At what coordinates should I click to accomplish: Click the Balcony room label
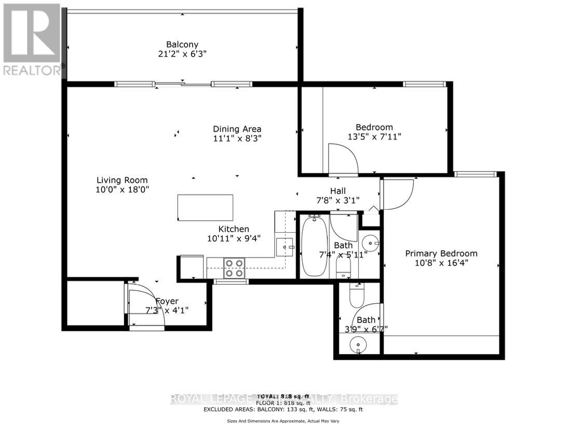pos(182,45)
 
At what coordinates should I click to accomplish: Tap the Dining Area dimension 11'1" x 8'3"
pos(237,139)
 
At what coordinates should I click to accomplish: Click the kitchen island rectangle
pos(205,207)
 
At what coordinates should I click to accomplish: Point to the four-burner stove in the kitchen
pos(234,267)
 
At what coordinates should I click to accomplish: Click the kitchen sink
pos(285,246)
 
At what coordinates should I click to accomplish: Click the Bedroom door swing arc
pos(343,158)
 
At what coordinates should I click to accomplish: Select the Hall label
pos(337,191)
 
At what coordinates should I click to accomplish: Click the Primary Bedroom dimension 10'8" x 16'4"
pos(441,263)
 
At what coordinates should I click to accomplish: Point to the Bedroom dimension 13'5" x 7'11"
pos(374,137)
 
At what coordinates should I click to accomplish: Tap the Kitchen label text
pos(234,229)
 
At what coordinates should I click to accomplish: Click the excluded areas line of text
pos(283,409)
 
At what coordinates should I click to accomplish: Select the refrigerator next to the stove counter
pos(191,267)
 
